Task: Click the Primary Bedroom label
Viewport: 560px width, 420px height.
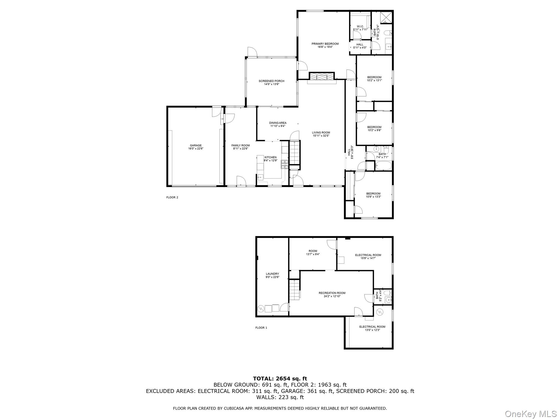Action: point(325,44)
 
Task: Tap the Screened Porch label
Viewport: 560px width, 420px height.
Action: point(271,81)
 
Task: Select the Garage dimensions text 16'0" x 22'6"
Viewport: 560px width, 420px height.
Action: point(196,149)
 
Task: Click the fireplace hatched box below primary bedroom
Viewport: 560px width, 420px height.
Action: point(322,76)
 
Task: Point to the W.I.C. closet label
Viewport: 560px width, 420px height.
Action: point(360,27)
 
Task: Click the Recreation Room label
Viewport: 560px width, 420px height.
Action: point(332,293)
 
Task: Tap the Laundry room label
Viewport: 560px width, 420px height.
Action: point(272,274)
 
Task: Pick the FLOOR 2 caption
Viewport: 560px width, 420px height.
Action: point(172,197)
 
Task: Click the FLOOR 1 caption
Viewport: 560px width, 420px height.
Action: point(261,328)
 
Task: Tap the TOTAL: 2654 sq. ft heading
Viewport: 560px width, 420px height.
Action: point(280,378)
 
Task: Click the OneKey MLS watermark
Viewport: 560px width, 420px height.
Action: point(530,414)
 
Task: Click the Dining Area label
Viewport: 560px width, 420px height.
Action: point(278,123)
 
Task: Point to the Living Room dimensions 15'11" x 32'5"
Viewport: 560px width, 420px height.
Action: point(321,136)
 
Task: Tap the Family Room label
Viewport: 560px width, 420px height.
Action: point(240,145)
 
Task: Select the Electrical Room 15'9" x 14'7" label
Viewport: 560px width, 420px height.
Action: point(368,255)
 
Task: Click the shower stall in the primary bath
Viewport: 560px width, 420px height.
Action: point(386,17)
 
